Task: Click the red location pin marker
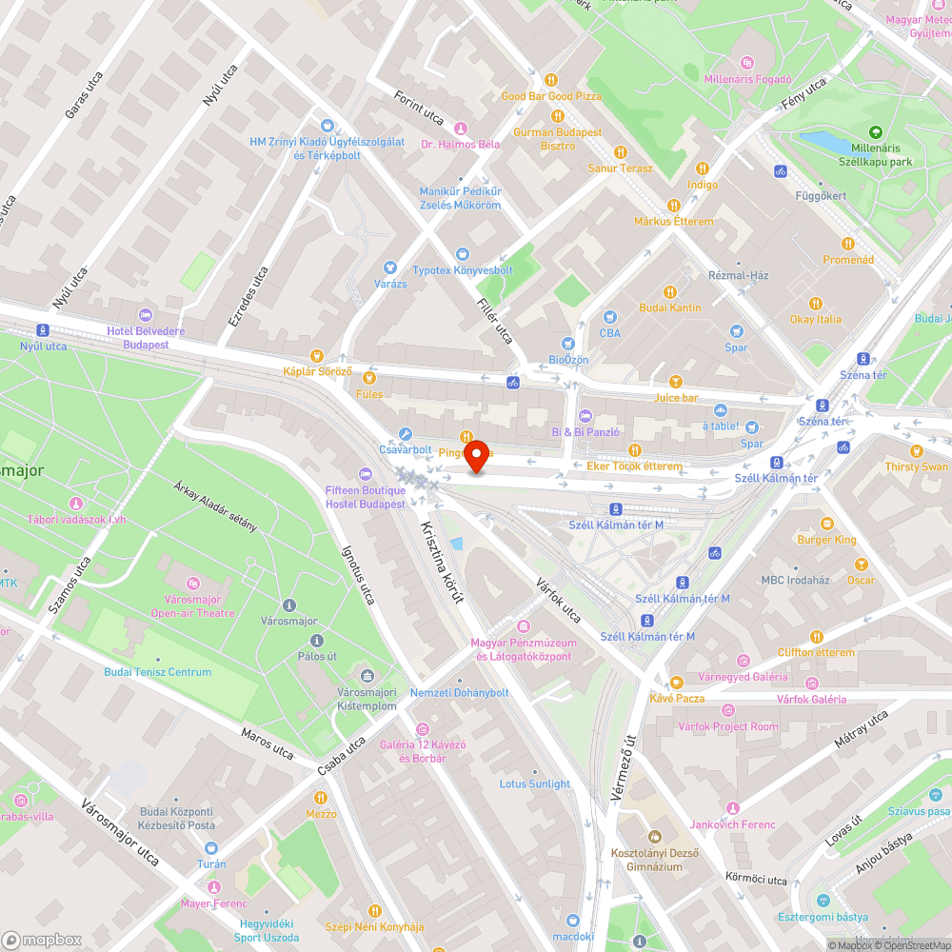(475, 456)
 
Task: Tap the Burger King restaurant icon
(826, 524)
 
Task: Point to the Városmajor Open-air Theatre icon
(192, 583)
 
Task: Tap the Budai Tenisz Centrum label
(158, 672)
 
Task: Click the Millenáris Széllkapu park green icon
(875, 132)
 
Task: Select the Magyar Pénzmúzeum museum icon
(523, 626)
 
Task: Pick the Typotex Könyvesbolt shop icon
(462, 254)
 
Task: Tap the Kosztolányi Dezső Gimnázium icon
(654, 836)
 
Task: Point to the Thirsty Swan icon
(916, 450)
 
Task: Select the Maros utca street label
(268, 743)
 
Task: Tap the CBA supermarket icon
(610, 317)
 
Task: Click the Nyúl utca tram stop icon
(43, 330)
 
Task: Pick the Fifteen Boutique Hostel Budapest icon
(365, 474)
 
